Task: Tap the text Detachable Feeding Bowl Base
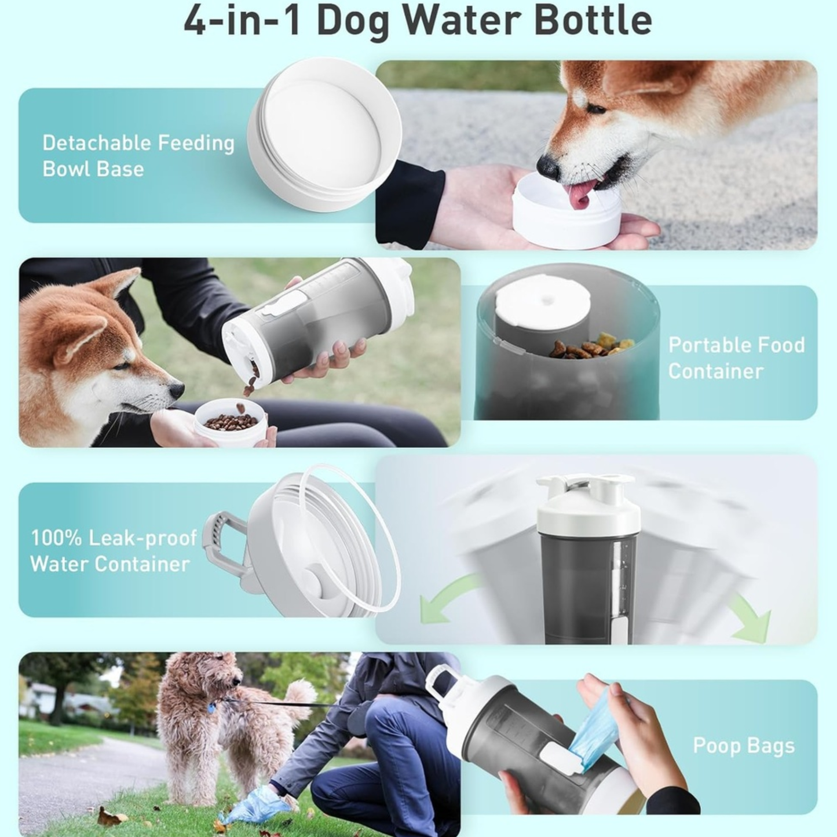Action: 138,156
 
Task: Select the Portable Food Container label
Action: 736,357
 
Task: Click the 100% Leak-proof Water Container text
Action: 114,551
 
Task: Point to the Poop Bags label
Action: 743,745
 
